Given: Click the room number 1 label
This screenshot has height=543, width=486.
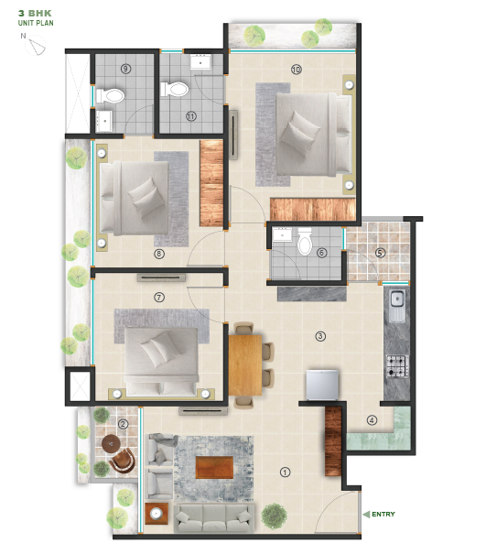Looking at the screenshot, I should point(285,472).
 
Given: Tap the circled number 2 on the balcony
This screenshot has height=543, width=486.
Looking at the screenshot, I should point(123,423).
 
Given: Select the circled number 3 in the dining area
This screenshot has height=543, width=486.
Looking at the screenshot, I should point(319,336).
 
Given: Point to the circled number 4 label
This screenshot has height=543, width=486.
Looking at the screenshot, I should point(372,420).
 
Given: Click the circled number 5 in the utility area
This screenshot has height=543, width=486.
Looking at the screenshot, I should point(380,253).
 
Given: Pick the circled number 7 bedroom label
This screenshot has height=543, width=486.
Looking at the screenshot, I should point(159,298).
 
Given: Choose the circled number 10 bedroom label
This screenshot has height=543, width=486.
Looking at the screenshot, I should point(296,69).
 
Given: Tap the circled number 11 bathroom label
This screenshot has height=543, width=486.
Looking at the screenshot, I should point(190,116).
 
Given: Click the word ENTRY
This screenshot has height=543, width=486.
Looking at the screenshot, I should point(383,515).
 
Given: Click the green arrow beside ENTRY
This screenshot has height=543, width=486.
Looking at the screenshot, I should point(365,515).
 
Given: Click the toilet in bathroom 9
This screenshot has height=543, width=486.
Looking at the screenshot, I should point(111,94).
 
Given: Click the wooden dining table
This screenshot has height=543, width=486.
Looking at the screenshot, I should point(244,362).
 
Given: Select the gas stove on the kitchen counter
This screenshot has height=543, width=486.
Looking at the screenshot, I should point(397,366).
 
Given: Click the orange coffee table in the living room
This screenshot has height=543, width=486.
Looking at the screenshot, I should point(214,466).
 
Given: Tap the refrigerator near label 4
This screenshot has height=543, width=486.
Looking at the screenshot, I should point(322,384).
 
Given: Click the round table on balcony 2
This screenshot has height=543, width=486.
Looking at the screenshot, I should point(113,445).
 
